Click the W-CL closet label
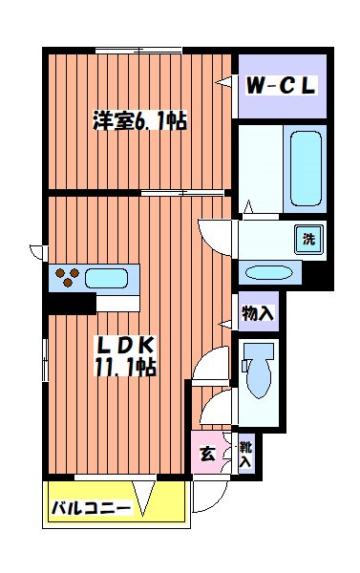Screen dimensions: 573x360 281,85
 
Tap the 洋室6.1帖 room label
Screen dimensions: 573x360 139,122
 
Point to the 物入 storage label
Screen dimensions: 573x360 258,312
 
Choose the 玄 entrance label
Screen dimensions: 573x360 207,452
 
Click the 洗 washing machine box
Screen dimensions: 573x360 309,237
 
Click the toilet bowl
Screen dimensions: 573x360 257,371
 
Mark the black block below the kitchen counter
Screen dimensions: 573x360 72,303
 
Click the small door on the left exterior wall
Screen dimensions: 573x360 37,252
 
